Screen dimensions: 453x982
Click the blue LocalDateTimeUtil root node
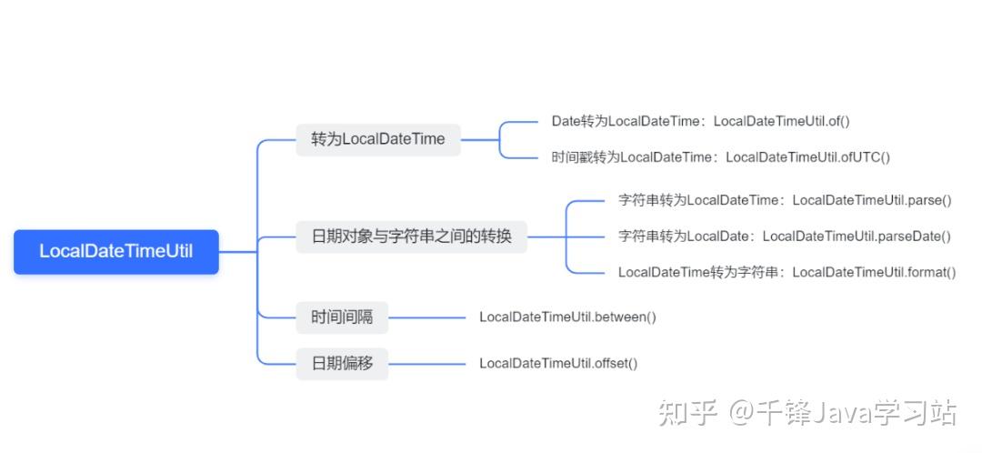(x=115, y=251)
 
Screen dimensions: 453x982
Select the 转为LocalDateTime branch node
(x=378, y=139)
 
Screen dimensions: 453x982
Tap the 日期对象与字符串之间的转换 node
(x=411, y=237)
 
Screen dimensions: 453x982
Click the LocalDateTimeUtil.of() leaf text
(x=781, y=121)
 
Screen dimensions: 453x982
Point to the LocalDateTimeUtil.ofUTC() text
(x=807, y=157)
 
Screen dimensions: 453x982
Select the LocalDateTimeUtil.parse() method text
(x=871, y=200)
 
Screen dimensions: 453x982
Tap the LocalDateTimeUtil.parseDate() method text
(x=856, y=237)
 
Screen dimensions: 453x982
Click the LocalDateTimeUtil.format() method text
(x=874, y=272)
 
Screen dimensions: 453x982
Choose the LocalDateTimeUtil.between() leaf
(x=567, y=317)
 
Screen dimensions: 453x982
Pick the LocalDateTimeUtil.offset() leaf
(x=558, y=363)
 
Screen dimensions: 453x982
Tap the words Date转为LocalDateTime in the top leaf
(x=626, y=121)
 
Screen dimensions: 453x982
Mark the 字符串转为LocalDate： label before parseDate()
(x=686, y=237)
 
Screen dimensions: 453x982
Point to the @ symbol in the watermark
(x=740, y=413)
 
